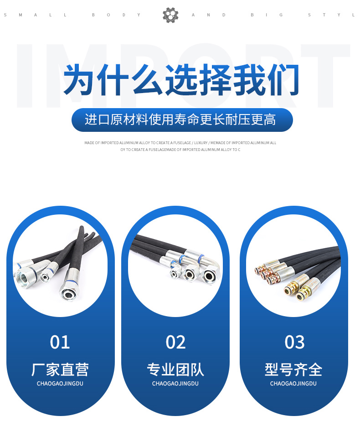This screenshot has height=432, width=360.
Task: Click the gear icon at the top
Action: pos(170,15)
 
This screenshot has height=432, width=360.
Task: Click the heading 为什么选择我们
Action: pos(181,80)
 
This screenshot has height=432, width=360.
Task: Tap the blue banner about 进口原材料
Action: pos(182,120)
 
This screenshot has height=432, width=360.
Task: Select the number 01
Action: pos(60,342)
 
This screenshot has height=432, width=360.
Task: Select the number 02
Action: pos(175,342)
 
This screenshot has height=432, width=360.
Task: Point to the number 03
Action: pos(294,342)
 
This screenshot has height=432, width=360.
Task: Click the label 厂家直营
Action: pos(60,370)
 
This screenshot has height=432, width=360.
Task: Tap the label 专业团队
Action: pos(175,370)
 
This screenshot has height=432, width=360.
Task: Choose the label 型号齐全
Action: pos(293,370)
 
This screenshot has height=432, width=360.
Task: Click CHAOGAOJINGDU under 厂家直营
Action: pos(60,384)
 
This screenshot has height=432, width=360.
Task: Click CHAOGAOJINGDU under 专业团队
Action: pos(175,384)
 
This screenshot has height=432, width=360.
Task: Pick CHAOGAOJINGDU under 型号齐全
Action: pos(293,384)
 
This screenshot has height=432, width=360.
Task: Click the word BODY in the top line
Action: pos(116,15)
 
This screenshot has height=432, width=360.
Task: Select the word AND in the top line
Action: pos(209,15)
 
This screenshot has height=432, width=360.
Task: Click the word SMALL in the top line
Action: pos(35,15)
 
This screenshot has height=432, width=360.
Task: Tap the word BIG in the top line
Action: pos(267,15)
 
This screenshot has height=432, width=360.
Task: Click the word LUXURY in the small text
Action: pos(201,143)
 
